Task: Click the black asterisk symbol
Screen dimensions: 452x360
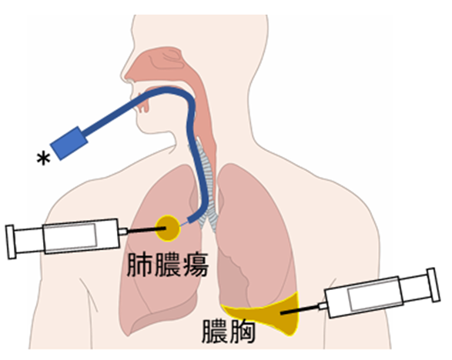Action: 43,159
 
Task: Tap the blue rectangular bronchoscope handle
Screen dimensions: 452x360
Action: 69,143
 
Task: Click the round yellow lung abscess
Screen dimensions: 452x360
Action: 168,228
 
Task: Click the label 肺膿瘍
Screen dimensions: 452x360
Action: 168,265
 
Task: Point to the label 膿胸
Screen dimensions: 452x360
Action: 228,332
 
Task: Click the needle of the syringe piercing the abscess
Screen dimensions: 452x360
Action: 146,229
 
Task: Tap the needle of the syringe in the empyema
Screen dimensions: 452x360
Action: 300,310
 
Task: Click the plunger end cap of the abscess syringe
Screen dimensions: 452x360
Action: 11,242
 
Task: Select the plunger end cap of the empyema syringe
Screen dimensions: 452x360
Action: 434,285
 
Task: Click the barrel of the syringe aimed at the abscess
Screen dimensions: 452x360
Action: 81,236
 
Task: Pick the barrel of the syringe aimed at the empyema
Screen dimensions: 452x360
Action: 363,297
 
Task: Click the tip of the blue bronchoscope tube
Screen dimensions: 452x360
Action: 190,220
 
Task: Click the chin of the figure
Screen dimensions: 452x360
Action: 144,127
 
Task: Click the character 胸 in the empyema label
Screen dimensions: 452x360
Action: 242,332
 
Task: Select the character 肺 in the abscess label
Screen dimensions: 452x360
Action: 139,265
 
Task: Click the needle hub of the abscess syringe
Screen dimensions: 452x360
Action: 123,232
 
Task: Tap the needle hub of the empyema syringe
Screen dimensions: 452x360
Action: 323,306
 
